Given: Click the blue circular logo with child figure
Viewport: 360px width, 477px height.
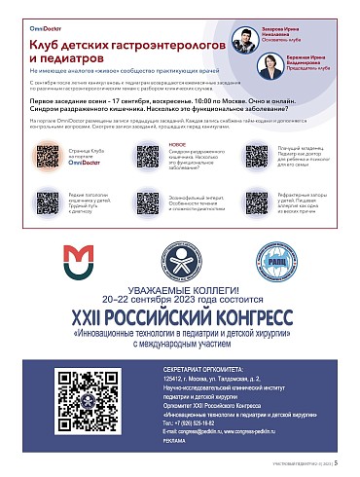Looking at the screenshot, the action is (179, 259).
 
